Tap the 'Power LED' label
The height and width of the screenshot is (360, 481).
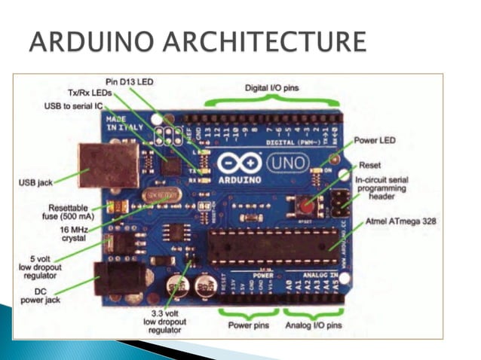click(x=378, y=140)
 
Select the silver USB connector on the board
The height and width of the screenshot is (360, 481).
click(x=109, y=164)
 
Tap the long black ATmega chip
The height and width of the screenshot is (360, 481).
click(x=268, y=248)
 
